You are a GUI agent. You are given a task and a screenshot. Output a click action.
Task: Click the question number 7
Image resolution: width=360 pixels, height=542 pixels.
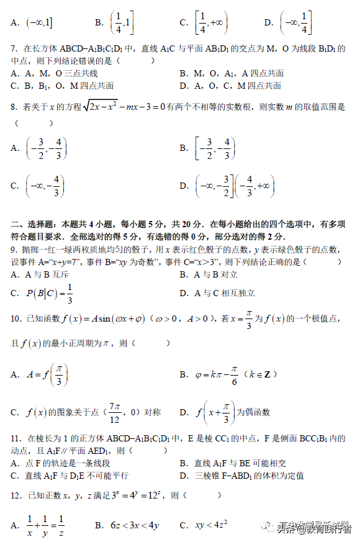[x=14, y=48]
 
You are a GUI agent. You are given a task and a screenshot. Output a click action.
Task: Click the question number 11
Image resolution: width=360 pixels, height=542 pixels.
[x=16, y=439]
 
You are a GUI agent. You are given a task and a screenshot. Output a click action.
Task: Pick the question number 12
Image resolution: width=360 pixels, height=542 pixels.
[x=16, y=495]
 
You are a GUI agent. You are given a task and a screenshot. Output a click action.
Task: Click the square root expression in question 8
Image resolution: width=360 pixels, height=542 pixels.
[x=110, y=107]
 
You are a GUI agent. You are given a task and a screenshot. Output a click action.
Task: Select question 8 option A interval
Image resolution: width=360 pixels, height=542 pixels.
[x=47, y=148]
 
